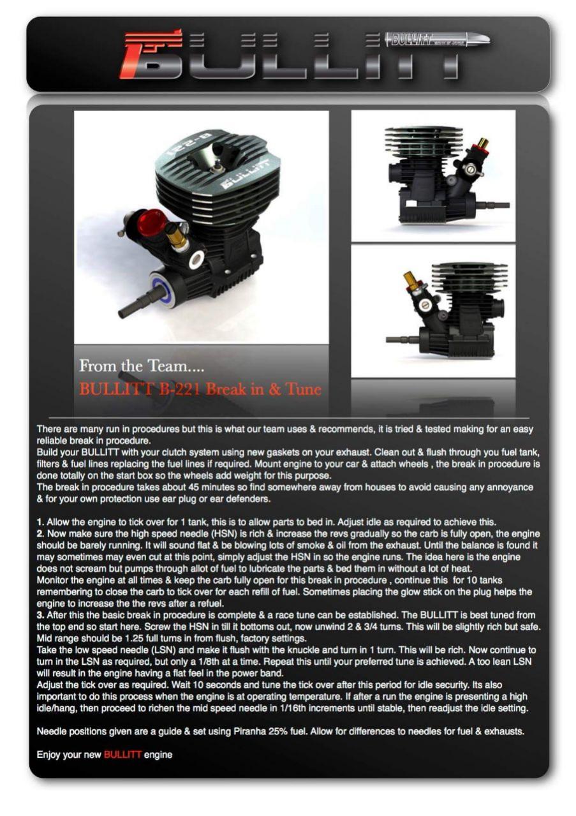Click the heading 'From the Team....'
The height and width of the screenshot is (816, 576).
tap(142, 366)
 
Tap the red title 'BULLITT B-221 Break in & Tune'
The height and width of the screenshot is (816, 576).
tap(200, 389)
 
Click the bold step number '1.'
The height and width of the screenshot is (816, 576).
tap(40, 522)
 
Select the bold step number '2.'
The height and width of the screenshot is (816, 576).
tap(40, 533)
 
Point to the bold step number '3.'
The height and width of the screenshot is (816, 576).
tap(40, 615)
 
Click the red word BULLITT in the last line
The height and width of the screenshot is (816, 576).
tap(122, 755)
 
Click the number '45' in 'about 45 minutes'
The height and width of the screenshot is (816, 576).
tap(193, 487)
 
